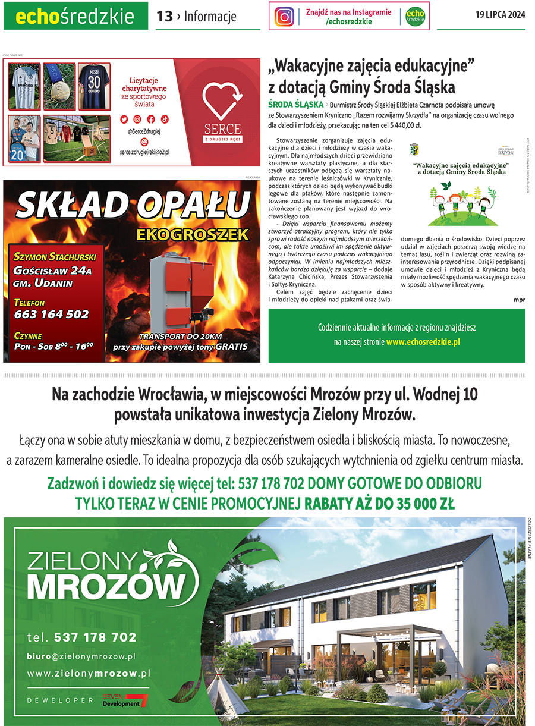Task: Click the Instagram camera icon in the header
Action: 284,17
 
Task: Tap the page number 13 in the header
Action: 164,17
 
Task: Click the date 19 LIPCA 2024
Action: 500,15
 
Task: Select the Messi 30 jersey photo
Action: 94,86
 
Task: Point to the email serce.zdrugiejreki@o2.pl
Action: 144,152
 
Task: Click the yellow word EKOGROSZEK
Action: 192,234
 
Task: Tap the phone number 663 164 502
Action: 51,315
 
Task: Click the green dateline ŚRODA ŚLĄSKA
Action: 296,105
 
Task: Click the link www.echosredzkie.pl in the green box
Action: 423,342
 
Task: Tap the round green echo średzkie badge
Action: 415,17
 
